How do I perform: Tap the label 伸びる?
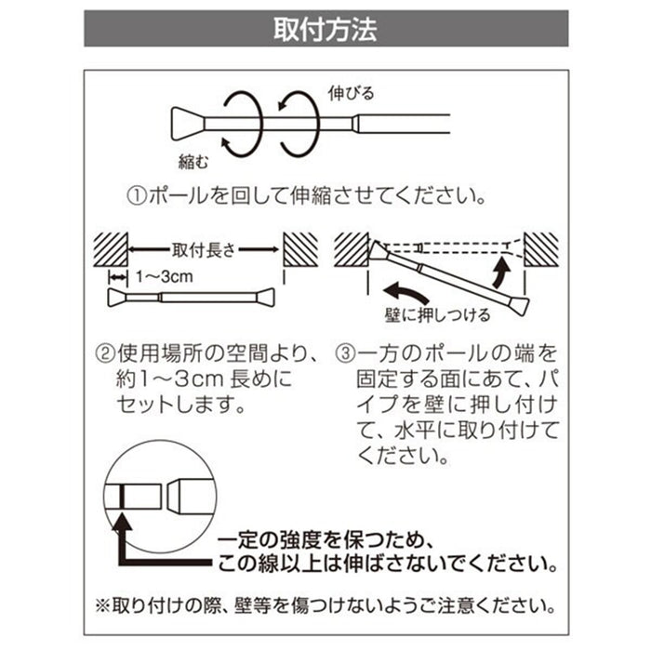coord(352,93)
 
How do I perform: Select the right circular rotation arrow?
coord(303,122)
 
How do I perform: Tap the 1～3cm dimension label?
coord(162,277)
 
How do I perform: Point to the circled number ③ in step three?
coord(344,353)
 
